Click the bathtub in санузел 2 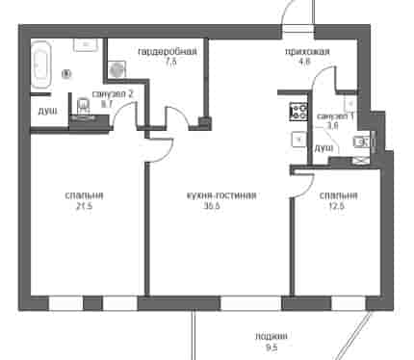(41, 64)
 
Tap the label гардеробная (168, 52)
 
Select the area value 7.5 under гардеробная (170, 62)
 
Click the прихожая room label (307, 52)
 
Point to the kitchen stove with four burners (298, 112)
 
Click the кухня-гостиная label (221, 195)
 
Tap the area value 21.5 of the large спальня (84, 207)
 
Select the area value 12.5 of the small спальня (337, 207)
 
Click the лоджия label (272, 337)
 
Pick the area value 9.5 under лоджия (272, 347)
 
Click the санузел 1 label (335, 116)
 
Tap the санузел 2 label (113, 94)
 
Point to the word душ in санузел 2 (47, 112)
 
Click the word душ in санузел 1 (323, 148)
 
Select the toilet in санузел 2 (84, 106)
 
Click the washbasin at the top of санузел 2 (85, 45)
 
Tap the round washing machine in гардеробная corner (116, 69)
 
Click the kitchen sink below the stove (299, 140)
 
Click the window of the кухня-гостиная (250, 303)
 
